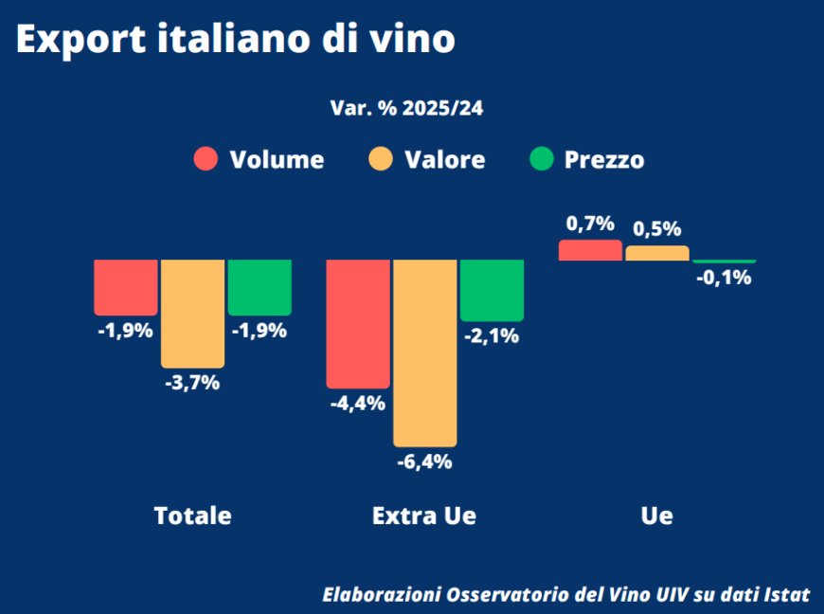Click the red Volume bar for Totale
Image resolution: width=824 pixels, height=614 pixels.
126,286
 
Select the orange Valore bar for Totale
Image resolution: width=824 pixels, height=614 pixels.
192,313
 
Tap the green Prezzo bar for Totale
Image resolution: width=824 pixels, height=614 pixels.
260,286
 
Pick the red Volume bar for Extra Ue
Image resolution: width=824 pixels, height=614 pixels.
358,323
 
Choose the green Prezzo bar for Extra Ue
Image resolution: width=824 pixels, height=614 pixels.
492,290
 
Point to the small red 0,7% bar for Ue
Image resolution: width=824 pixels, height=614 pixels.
590,250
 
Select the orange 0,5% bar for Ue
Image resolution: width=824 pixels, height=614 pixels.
657,253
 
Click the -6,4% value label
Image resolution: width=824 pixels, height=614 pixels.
425,462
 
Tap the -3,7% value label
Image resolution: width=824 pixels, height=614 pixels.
192,383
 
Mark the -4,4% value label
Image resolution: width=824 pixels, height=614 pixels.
358,404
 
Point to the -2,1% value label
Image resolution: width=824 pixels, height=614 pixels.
492,336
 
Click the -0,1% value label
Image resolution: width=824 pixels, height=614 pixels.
724,278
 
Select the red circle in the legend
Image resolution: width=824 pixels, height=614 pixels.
206,159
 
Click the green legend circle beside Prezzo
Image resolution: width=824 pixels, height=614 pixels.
541,159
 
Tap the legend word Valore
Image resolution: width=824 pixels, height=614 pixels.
444,160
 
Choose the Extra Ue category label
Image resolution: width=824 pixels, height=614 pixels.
424,516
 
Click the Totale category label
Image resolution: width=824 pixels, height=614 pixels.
192,516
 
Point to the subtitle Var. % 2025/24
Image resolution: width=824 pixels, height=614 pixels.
406,108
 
